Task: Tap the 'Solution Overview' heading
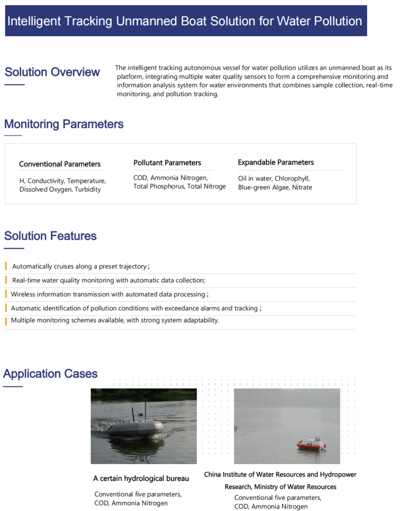[x=52, y=72]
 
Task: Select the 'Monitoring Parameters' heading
[x=64, y=124]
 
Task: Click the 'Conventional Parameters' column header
[x=60, y=164]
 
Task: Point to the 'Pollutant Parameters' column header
[x=167, y=163]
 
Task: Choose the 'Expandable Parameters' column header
[x=275, y=162]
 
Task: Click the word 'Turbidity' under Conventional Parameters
[x=88, y=189]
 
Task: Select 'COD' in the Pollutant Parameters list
[x=140, y=178]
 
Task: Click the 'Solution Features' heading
[x=50, y=236]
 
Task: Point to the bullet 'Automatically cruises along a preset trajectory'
[x=79, y=267]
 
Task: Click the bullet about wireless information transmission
[x=109, y=294]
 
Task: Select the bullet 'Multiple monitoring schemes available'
[x=115, y=320]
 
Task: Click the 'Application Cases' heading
[x=50, y=374]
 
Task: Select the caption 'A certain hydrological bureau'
[x=141, y=479]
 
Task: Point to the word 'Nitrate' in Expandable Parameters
[x=302, y=187]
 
